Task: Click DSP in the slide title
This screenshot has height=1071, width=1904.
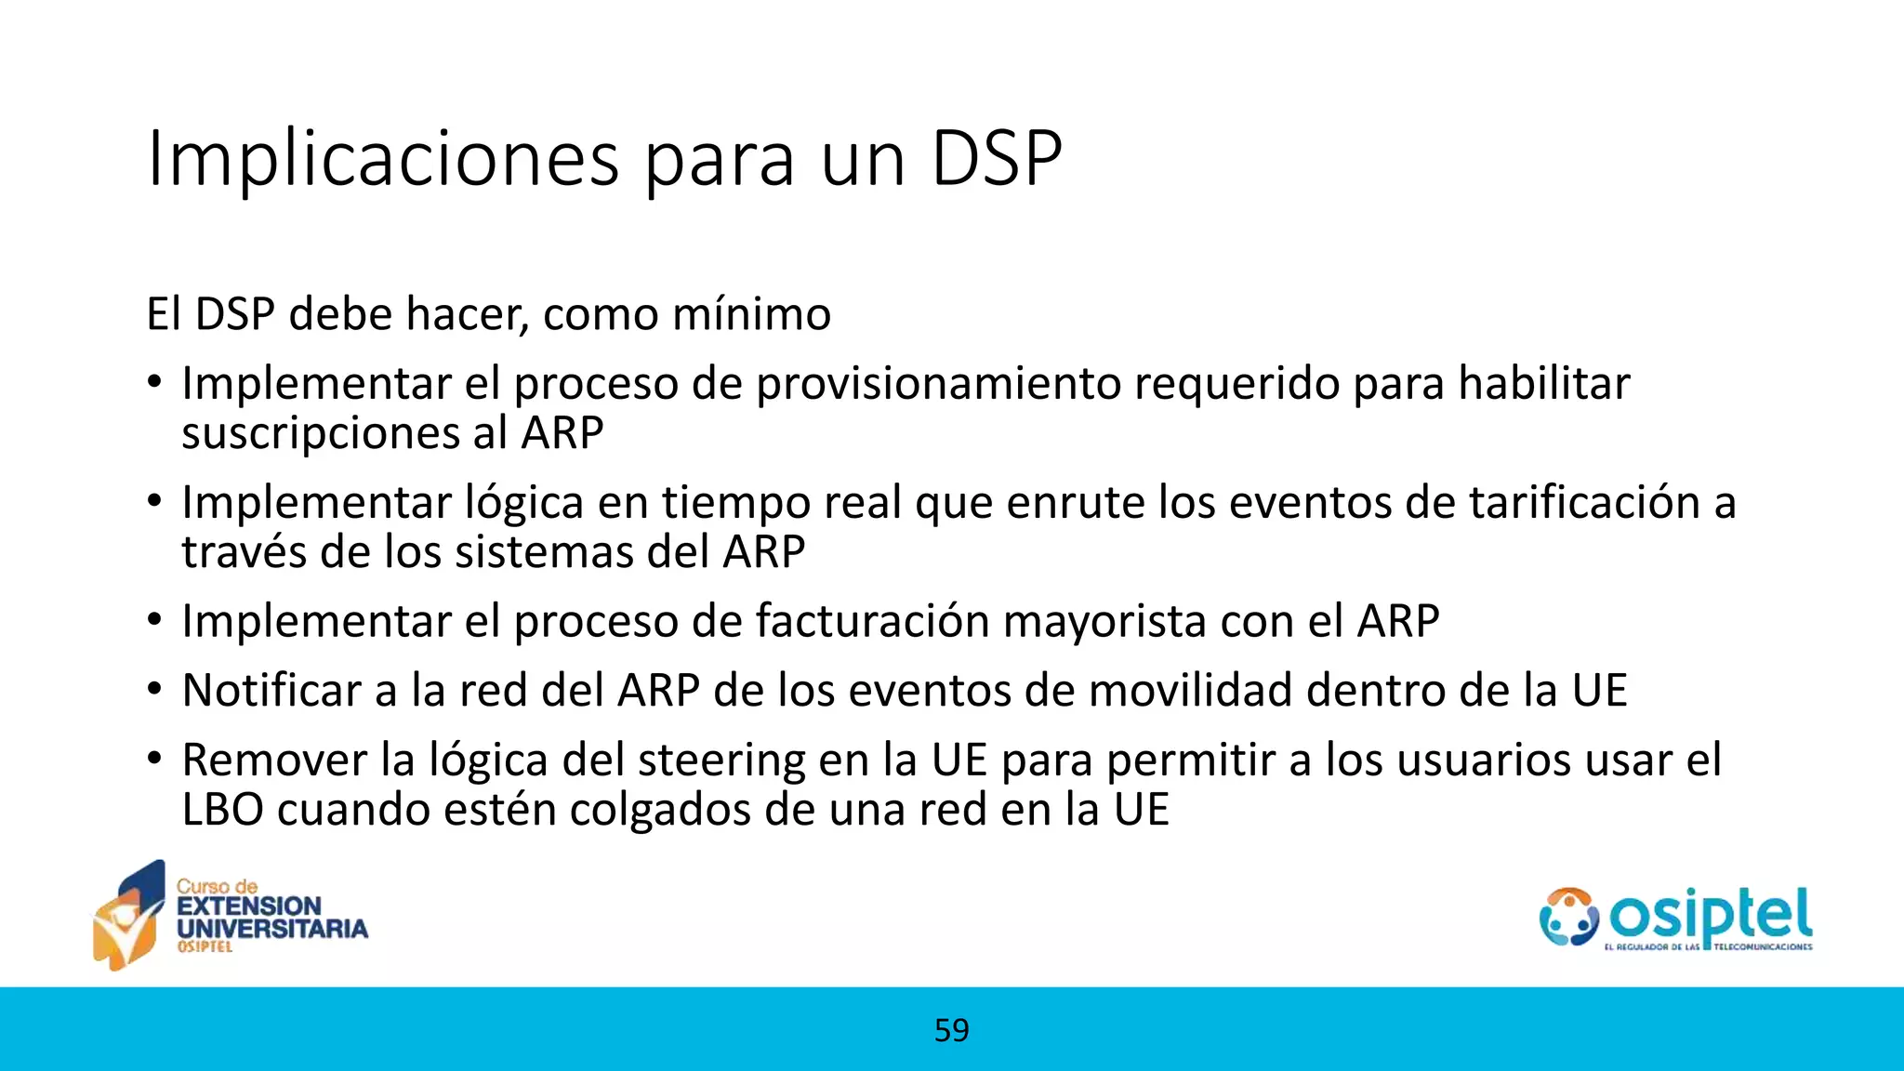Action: click(x=996, y=160)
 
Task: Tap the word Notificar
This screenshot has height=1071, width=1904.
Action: click(x=271, y=691)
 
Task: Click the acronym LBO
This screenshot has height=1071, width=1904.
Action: click(x=222, y=810)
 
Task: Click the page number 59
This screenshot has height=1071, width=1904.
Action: click(x=951, y=1030)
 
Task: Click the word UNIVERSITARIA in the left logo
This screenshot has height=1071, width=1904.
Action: click(x=272, y=928)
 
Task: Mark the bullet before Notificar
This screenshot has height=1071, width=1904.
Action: click(x=154, y=691)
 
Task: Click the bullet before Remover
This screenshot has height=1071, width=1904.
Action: click(x=154, y=759)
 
